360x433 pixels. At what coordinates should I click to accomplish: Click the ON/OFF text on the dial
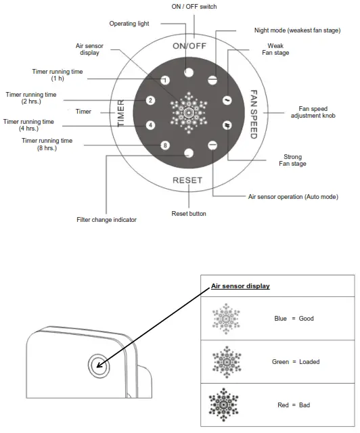(x=189, y=46)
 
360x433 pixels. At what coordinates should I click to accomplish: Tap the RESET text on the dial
(x=188, y=180)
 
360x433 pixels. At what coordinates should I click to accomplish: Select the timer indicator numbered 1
(x=164, y=80)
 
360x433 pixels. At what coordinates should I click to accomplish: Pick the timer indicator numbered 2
(x=151, y=101)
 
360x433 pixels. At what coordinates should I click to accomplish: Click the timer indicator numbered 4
(x=151, y=125)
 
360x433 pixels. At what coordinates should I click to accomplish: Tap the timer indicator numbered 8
(x=164, y=145)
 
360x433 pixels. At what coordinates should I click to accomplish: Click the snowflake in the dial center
(x=189, y=112)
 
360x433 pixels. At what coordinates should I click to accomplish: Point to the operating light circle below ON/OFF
(x=189, y=72)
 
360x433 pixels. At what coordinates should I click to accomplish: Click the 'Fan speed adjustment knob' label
(x=313, y=112)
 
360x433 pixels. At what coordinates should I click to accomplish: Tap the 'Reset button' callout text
(x=189, y=214)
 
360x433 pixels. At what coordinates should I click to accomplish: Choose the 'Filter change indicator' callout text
(x=106, y=219)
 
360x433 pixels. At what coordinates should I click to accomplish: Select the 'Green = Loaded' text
(x=295, y=361)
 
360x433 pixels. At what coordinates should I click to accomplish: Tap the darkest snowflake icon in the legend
(x=227, y=405)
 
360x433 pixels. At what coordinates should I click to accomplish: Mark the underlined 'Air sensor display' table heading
(x=240, y=286)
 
